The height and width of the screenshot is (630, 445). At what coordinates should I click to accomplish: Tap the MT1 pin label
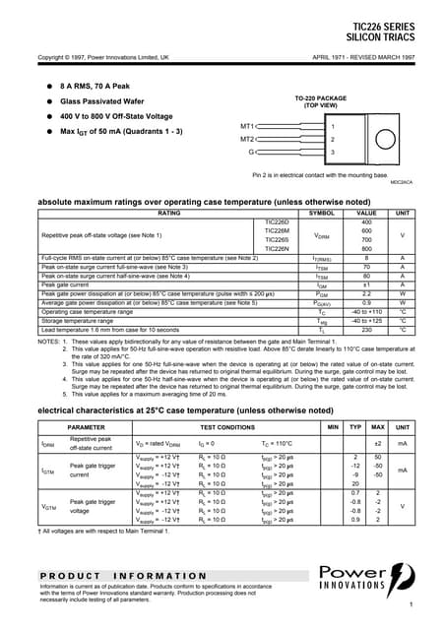[247, 126]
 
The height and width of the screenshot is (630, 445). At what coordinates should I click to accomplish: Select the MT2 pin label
[247, 139]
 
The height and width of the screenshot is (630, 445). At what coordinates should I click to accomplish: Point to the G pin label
[251, 153]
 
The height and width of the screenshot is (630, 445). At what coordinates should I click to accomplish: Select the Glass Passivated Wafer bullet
[100, 101]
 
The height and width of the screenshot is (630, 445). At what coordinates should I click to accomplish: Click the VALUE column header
[365, 213]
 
